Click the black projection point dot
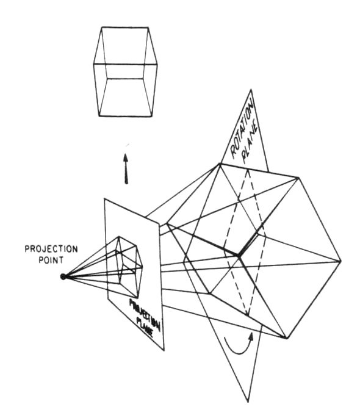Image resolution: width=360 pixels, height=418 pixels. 63,276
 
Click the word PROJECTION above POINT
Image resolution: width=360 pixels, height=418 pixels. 51,249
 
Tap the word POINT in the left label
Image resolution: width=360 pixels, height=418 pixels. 51,260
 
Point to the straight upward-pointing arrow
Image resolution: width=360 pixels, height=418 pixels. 126,168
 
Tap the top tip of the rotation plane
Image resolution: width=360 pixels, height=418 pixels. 251,90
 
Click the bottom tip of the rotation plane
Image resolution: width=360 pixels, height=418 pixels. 248,402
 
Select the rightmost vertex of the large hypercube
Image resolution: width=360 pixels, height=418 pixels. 340,261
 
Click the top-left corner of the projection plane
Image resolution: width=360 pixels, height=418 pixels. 105,198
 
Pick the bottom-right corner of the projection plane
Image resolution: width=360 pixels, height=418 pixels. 164,350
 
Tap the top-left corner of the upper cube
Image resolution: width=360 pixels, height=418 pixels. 102,27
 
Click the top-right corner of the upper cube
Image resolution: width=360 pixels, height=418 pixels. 148,27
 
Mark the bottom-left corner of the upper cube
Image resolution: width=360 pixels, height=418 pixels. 99,116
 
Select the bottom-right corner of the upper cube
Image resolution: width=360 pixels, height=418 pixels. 152,116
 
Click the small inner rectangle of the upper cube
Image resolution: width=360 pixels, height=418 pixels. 124,78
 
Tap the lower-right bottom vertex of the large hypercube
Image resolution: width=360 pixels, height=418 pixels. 286,338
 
